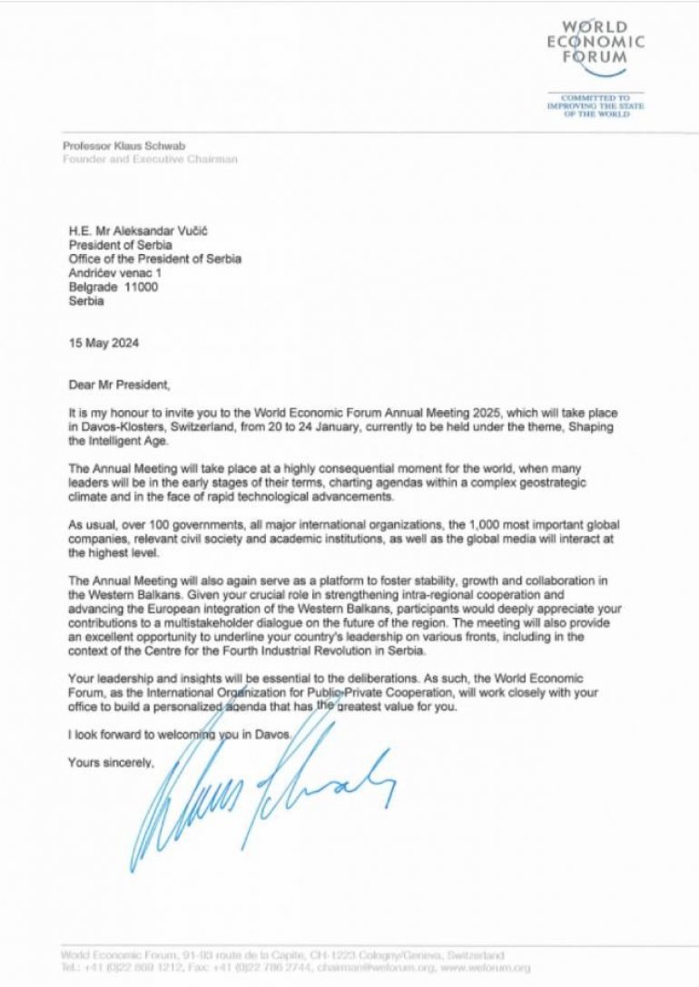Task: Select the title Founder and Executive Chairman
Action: (150, 159)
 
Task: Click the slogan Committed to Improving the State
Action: (595, 105)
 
